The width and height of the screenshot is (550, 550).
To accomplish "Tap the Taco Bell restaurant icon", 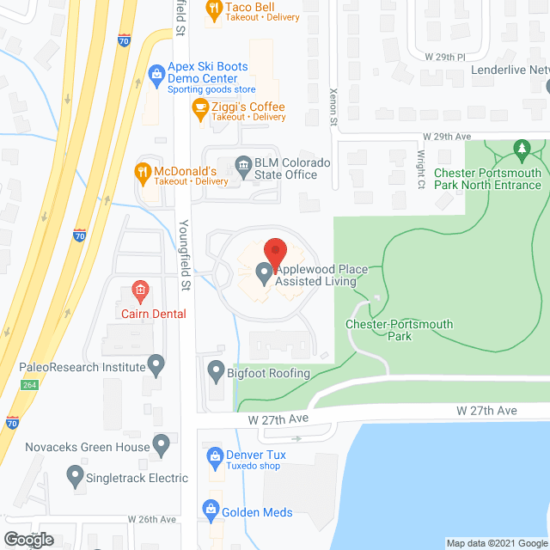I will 213,10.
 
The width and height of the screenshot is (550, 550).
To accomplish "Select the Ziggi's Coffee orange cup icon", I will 200,107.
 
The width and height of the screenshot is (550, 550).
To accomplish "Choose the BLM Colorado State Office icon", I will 244,164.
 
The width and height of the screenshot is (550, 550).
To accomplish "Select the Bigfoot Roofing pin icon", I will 215,372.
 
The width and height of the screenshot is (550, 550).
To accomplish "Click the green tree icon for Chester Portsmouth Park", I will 520,151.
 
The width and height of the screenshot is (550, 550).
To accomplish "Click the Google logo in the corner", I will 28,540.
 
